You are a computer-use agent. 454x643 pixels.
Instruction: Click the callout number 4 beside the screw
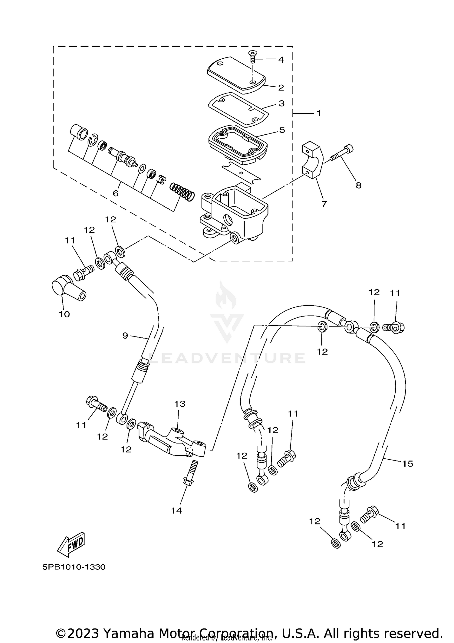[281, 60]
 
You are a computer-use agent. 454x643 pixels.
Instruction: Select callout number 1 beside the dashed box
[318, 113]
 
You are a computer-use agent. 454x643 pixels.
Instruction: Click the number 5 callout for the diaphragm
[282, 130]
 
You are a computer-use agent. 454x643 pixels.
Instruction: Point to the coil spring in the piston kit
[182, 191]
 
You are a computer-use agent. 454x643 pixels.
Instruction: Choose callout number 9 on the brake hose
[125, 335]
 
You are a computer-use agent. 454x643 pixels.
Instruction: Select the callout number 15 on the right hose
[408, 464]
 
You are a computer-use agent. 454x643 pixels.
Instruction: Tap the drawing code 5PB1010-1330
[74, 567]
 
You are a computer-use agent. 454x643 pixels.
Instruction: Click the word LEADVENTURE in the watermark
[227, 358]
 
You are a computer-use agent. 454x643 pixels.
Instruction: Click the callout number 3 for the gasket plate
[281, 103]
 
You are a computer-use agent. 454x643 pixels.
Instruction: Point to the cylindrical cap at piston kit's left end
[78, 132]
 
